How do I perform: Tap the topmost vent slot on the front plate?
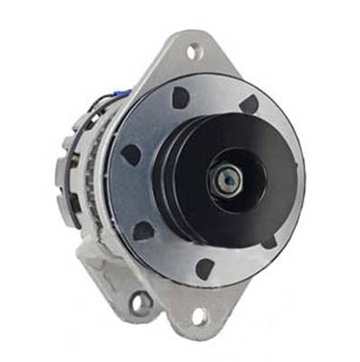(x=181, y=96)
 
